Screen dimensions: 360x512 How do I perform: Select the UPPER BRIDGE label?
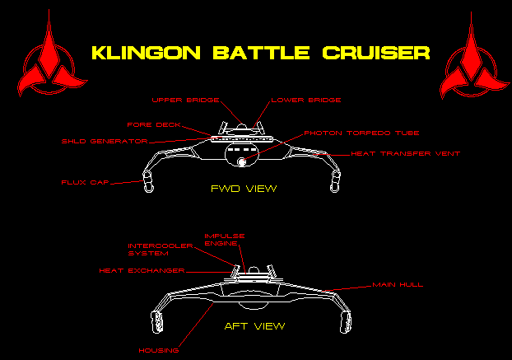coord(185,101)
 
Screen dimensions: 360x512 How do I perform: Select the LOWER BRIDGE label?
coord(305,101)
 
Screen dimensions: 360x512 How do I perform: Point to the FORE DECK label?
coord(154,125)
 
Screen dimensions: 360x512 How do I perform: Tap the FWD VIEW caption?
coord(243,189)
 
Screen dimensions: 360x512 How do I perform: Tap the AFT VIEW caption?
coord(255,326)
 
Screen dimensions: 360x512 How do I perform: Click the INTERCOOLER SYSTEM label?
coord(160,250)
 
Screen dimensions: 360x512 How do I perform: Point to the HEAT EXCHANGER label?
coord(142,270)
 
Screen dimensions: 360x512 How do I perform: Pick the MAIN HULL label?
coord(398,284)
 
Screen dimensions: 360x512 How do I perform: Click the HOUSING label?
coord(159,350)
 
